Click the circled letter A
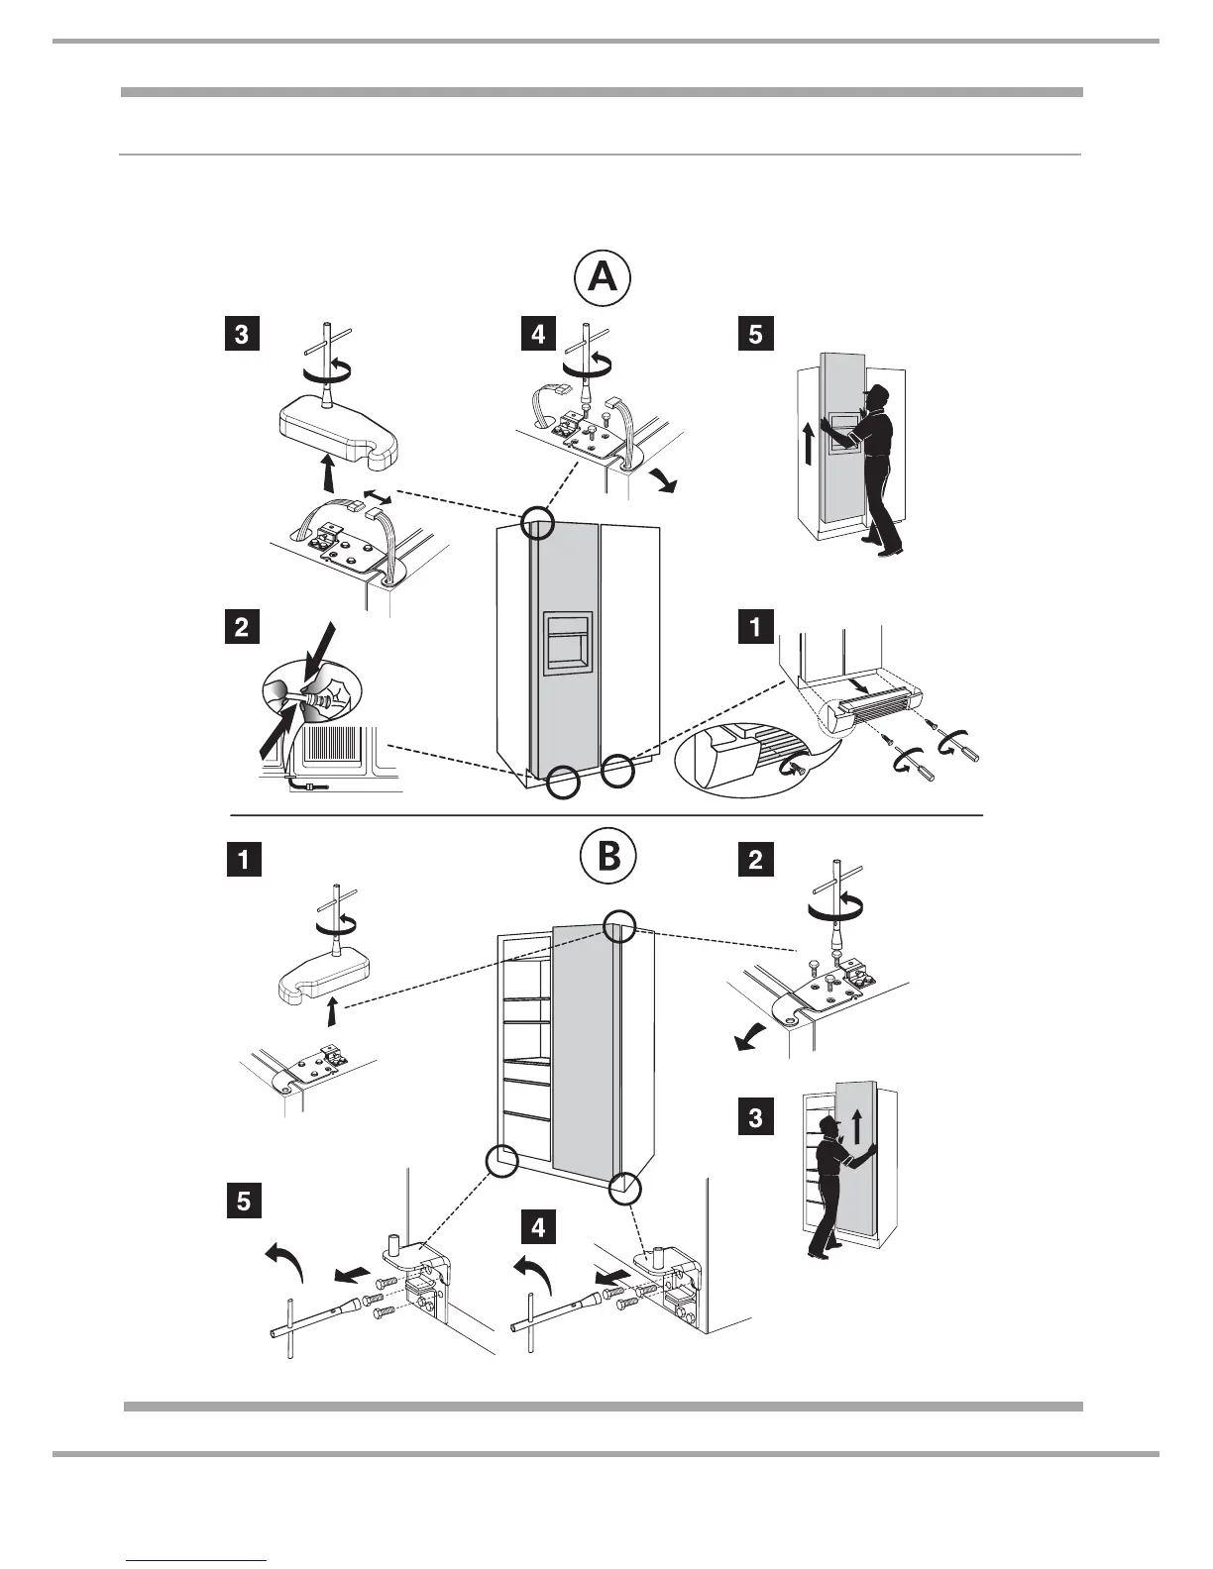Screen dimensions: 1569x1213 click(603, 278)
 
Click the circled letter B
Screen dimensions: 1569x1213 click(607, 858)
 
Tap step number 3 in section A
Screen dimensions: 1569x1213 click(241, 334)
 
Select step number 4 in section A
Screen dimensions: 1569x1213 click(538, 334)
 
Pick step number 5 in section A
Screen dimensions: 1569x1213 click(755, 334)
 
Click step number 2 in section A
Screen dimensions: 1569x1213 click(241, 628)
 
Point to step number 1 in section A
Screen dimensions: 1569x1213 click(755, 628)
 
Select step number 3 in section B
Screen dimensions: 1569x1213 click(755, 1118)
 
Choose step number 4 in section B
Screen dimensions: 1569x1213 click(538, 1228)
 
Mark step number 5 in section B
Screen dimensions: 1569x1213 click(242, 1202)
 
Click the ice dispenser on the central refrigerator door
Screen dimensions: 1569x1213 click(567, 643)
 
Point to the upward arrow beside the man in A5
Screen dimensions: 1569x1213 click(809, 441)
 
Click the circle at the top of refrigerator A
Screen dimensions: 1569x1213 click(536, 521)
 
